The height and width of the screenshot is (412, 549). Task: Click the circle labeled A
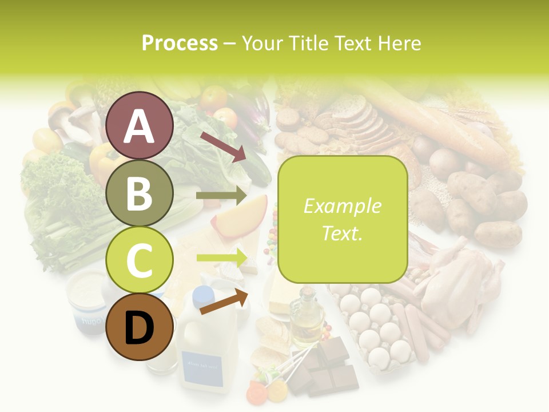(x=140, y=126)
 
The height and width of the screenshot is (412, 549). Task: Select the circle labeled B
(x=140, y=193)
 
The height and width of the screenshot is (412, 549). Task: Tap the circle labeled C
(x=140, y=260)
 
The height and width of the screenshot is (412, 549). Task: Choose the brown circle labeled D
(x=140, y=327)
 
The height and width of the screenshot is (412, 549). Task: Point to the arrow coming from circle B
(x=221, y=196)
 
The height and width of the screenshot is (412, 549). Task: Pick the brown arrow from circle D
(x=224, y=302)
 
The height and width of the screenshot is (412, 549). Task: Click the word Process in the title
(x=180, y=43)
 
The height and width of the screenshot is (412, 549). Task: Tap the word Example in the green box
(x=342, y=206)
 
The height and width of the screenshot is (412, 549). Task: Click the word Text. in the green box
(x=342, y=233)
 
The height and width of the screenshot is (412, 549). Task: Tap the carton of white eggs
(x=375, y=326)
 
